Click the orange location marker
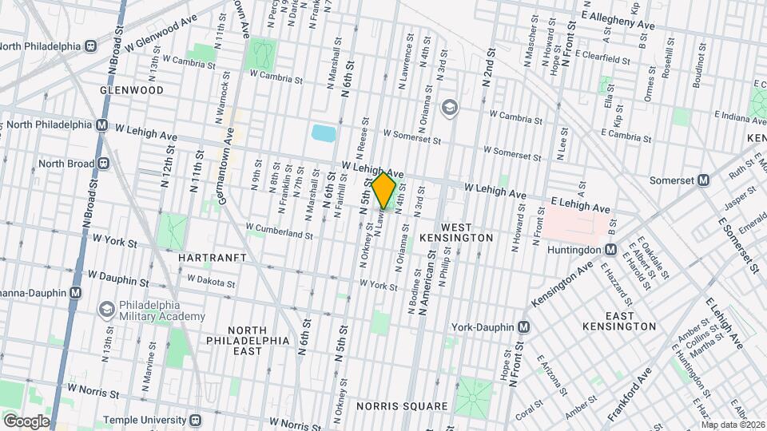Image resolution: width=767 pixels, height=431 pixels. [x=384, y=190]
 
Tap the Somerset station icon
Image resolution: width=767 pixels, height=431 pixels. [x=703, y=180]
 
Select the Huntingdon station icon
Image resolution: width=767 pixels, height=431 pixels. [x=608, y=247]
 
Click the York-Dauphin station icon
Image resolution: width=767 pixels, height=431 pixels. [x=523, y=326]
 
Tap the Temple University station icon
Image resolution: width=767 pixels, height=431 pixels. [x=194, y=419]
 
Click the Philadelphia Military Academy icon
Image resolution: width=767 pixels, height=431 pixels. [x=106, y=309]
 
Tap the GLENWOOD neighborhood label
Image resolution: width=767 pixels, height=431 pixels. [x=132, y=90]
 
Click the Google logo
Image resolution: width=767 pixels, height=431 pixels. [x=26, y=421]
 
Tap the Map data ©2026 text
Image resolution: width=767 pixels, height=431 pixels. [x=733, y=425]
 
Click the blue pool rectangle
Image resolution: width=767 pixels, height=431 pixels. [x=324, y=132]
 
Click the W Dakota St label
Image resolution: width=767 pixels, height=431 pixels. [x=211, y=282]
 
